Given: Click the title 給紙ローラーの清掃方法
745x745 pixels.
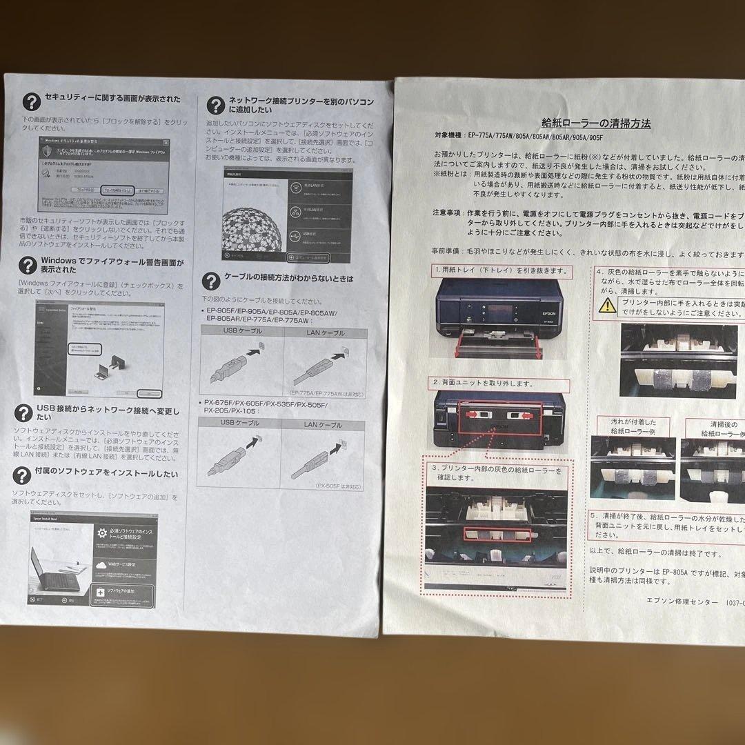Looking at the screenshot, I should (596, 124).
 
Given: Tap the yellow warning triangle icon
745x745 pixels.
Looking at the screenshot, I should (608, 307).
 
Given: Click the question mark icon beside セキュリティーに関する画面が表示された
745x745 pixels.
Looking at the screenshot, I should (30, 101).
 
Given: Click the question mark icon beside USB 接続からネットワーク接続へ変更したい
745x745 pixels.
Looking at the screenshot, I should (25, 412).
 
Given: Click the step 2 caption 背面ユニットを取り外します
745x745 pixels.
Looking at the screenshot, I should (483, 383).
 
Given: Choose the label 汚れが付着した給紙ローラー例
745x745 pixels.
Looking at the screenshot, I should (633, 428).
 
